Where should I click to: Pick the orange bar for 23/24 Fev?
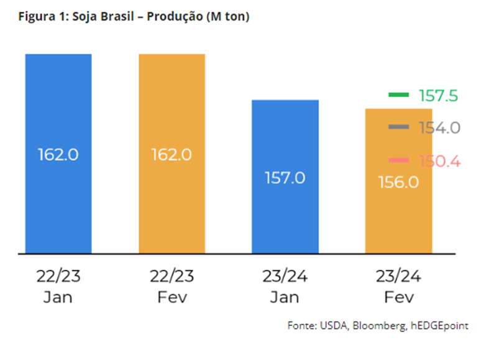(398, 218)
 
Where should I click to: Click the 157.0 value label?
(285, 178)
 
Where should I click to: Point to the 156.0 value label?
(398, 182)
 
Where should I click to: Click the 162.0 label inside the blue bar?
(58, 154)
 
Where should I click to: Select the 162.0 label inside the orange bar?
(172, 154)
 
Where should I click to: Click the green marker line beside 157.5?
(398, 95)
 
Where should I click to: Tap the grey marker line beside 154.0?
(398, 127)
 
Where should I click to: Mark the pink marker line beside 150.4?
(398, 161)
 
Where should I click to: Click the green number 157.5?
(438, 96)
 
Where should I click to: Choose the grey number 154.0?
(439, 128)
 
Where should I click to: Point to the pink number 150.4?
(439, 162)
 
